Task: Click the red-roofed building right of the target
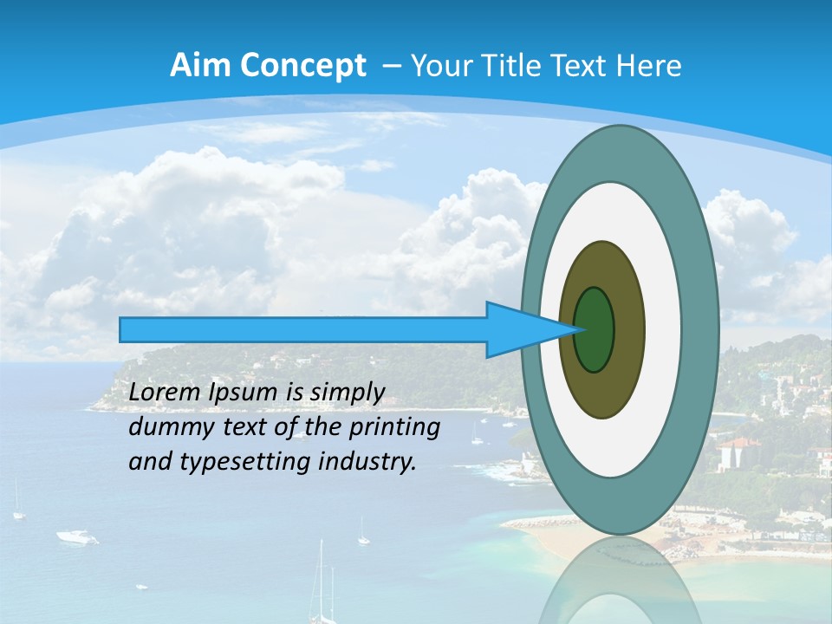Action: (x=738, y=451)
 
